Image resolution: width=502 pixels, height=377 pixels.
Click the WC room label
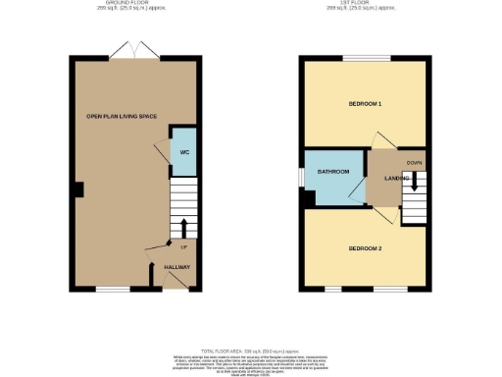coord(183,152)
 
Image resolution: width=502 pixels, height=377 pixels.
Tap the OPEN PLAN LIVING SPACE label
coord(122,117)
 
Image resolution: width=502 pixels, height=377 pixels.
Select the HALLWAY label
coord(177,267)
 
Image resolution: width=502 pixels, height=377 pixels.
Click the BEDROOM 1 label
coord(365,104)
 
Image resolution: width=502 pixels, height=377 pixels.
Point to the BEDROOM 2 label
coord(365,248)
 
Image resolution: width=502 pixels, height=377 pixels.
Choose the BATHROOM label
coord(333,172)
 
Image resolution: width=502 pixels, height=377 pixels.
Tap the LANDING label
coord(396,178)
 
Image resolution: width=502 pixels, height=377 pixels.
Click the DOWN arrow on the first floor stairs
coord(415,182)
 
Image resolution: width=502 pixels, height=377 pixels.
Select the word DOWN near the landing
coord(415,163)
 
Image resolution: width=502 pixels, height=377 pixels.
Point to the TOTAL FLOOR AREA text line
coord(251,350)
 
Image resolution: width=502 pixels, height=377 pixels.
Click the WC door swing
coord(161,149)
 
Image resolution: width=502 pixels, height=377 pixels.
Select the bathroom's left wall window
coord(301,174)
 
